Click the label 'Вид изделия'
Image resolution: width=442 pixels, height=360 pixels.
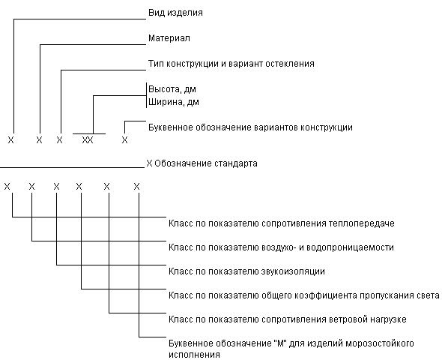point(175,13)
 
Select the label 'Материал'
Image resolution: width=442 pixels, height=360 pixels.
point(169,38)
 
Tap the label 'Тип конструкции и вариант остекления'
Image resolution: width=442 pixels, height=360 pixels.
point(231,64)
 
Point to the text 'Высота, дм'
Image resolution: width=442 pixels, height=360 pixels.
point(172,89)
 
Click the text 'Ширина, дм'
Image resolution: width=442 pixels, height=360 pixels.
point(174,102)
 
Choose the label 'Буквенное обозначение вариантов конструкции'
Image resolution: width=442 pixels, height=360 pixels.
point(250,127)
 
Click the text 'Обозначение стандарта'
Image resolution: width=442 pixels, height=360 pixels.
point(206,163)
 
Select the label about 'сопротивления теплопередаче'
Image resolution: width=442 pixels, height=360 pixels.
point(282,223)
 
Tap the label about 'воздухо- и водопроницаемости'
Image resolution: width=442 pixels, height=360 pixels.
point(281,247)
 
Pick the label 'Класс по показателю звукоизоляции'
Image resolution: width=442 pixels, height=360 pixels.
point(246,271)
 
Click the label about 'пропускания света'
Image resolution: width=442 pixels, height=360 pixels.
point(304,295)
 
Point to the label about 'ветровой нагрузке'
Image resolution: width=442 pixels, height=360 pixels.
point(288,319)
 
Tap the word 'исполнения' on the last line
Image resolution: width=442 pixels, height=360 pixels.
point(194,355)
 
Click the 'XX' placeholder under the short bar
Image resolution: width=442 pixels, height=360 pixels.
point(88,140)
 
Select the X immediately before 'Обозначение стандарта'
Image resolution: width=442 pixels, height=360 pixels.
point(149,163)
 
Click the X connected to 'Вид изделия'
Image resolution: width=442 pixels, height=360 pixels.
point(10,140)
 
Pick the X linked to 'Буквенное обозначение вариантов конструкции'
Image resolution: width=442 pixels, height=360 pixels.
point(124,140)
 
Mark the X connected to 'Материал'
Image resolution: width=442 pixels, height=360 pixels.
point(39,140)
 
